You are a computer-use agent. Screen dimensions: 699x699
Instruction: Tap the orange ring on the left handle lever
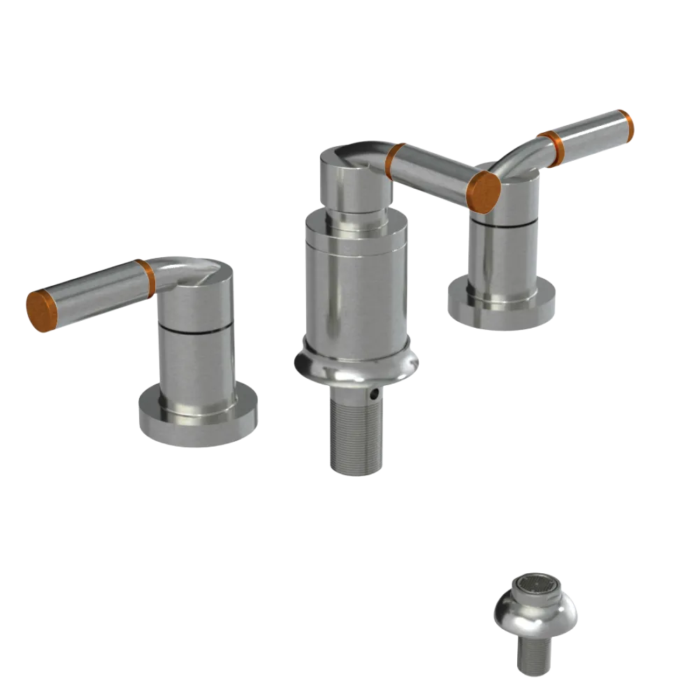[x=145, y=278]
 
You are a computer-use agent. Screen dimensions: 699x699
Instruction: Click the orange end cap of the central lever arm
[x=484, y=190]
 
